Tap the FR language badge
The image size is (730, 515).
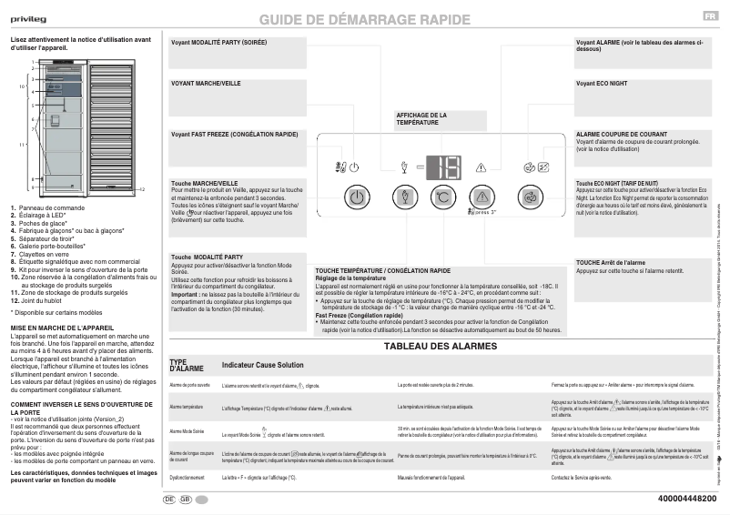[x=708, y=17]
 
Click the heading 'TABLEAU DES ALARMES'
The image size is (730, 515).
[x=441, y=347]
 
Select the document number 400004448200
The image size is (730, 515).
[x=687, y=499]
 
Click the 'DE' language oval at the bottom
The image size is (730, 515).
[x=169, y=500]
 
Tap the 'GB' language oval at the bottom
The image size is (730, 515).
[x=186, y=500]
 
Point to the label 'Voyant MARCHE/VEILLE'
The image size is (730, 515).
[x=206, y=83]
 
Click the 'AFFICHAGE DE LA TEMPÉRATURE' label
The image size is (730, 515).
[x=421, y=118]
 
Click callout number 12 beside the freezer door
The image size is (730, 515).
[x=142, y=189]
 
